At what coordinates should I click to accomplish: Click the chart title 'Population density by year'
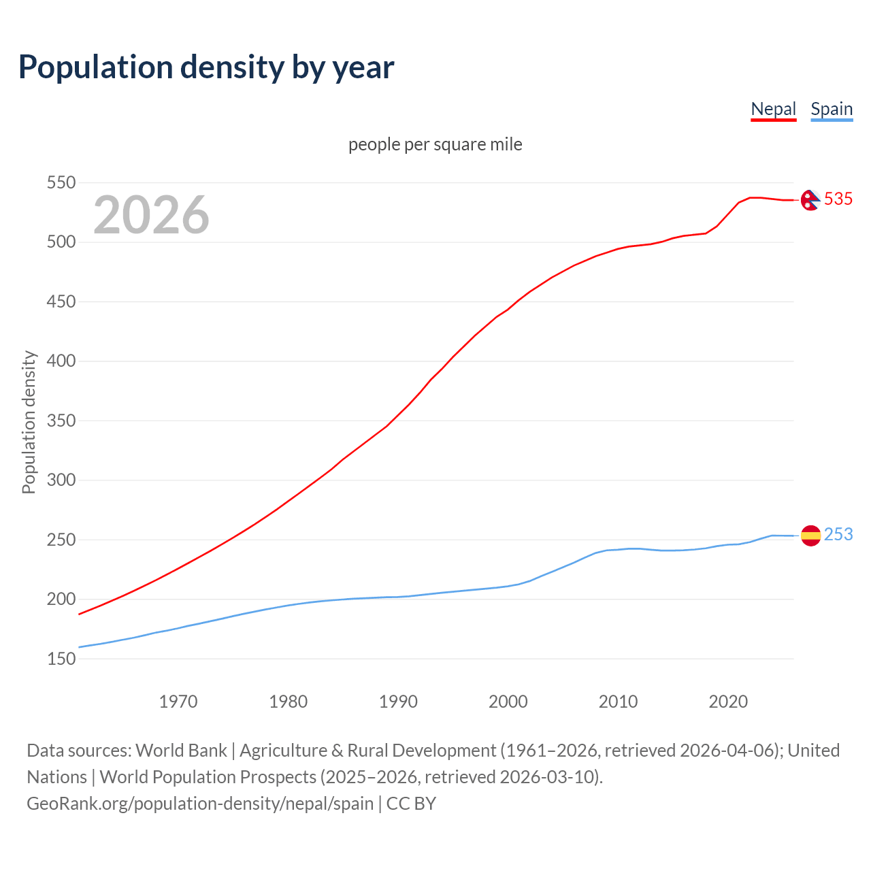click(x=206, y=67)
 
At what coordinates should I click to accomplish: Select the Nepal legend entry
click(x=773, y=109)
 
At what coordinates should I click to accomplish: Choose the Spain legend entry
click(x=832, y=109)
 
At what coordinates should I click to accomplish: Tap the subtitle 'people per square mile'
click(x=435, y=144)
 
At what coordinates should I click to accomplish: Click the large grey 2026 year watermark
click(x=151, y=215)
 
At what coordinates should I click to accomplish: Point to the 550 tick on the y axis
click(x=61, y=182)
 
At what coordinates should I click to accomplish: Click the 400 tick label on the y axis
click(x=61, y=361)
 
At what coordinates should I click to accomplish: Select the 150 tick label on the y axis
click(x=61, y=659)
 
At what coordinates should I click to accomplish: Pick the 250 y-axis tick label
click(x=61, y=540)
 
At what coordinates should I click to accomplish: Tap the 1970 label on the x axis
click(x=178, y=702)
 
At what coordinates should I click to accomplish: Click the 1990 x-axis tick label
click(x=398, y=702)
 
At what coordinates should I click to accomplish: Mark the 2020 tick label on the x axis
click(x=728, y=702)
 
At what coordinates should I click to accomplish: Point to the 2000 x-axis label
click(x=508, y=702)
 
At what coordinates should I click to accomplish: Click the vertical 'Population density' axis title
click(x=29, y=422)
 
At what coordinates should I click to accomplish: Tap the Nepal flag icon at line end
click(x=810, y=199)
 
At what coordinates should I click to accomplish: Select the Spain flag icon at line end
click(x=810, y=536)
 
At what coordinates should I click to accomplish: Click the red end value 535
click(x=838, y=199)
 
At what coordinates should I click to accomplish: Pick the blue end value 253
click(x=838, y=535)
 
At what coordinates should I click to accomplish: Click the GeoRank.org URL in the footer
click(x=200, y=804)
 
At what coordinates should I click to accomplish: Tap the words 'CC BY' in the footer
click(x=411, y=804)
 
